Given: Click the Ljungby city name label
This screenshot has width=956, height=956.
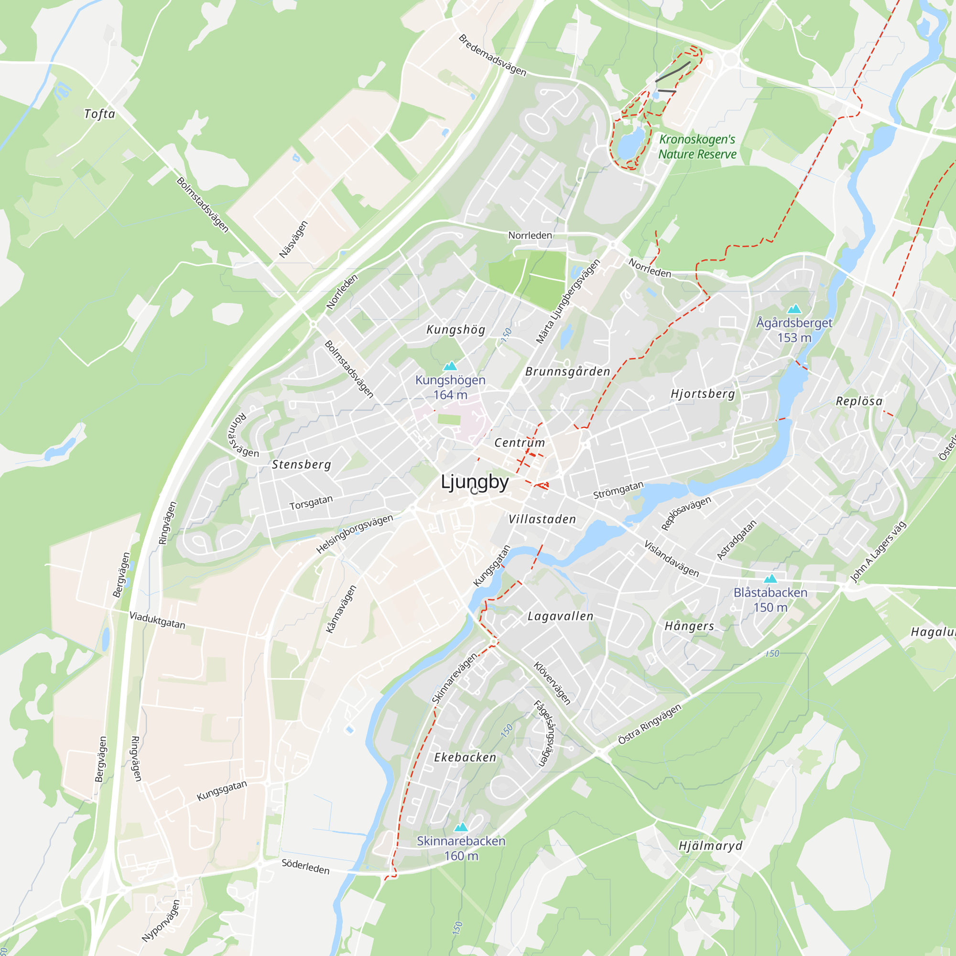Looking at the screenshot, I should pyautogui.click(x=475, y=482).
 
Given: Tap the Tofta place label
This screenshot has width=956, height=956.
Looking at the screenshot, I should pyautogui.click(x=99, y=114).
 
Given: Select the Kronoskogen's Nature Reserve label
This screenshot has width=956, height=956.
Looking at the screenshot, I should pyautogui.click(x=697, y=147).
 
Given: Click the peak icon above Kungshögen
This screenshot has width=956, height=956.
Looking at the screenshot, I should pyautogui.click(x=450, y=366).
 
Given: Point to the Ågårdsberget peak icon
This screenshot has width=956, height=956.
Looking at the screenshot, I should pyautogui.click(x=794, y=309).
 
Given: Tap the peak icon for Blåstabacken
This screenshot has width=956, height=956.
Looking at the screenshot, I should pyautogui.click(x=771, y=578).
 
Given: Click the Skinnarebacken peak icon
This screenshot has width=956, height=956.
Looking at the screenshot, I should pyautogui.click(x=461, y=827).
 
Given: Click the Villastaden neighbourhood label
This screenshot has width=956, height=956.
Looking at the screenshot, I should pyautogui.click(x=543, y=519).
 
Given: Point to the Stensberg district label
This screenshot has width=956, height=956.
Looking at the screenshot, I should pyautogui.click(x=301, y=465).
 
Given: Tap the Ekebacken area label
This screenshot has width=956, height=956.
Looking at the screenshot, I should pyautogui.click(x=465, y=758).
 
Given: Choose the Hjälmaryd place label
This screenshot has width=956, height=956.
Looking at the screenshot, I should pyautogui.click(x=711, y=846).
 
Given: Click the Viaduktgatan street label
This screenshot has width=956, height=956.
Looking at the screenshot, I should pyautogui.click(x=157, y=620).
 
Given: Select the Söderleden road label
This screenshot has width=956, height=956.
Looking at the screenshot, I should pyautogui.click(x=305, y=867).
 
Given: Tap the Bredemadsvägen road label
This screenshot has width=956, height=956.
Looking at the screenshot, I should pyautogui.click(x=492, y=55).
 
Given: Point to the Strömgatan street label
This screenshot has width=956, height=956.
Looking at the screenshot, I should pyautogui.click(x=619, y=490).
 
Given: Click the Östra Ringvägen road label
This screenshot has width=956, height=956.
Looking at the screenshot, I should pyautogui.click(x=650, y=724).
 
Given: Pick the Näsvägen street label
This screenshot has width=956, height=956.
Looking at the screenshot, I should pyautogui.click(x=293, y=239).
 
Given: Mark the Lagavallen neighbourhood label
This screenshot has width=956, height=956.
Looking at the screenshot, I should pyautogui.click(x=561, y=617).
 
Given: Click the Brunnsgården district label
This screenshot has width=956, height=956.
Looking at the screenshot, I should pyautogui.click(x=568, y=371).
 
